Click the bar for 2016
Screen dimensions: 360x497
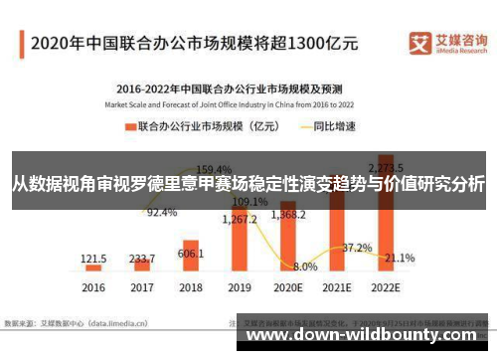94,268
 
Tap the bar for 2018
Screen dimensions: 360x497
191,260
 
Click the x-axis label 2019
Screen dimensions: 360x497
239,287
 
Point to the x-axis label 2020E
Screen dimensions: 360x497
287,287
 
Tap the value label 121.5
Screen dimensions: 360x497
94,257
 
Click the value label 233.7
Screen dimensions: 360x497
142,256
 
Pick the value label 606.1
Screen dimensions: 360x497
191,254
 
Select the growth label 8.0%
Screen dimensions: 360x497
305,267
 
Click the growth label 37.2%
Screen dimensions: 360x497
357,248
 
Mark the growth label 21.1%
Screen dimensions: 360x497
400,258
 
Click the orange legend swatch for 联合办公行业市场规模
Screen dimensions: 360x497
130,126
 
